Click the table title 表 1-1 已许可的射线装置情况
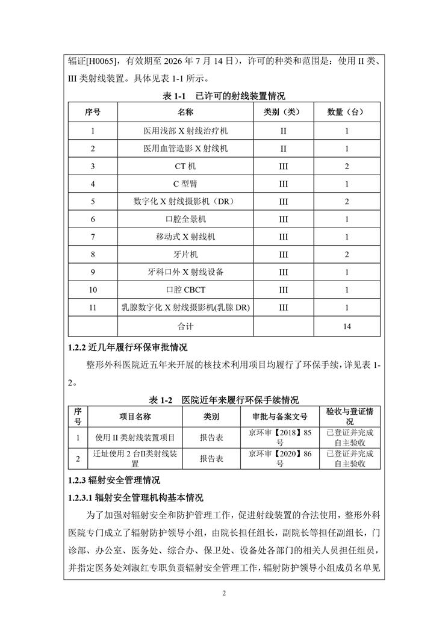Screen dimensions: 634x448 223,96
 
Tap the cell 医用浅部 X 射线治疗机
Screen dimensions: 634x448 185,131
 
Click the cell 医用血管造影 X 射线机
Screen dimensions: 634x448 185,148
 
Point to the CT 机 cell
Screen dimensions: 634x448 185,166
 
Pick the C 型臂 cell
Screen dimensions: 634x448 185,184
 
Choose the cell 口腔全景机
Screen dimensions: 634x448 185,219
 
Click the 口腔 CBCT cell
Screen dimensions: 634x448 185,290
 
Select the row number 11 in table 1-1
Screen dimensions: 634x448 93,308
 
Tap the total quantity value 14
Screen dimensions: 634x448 346,326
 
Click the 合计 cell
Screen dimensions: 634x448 185,326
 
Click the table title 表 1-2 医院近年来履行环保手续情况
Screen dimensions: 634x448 223,400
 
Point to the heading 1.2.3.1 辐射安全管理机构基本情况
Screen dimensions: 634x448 137,498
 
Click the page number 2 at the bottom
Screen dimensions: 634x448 223,593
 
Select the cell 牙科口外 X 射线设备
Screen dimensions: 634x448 185,272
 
